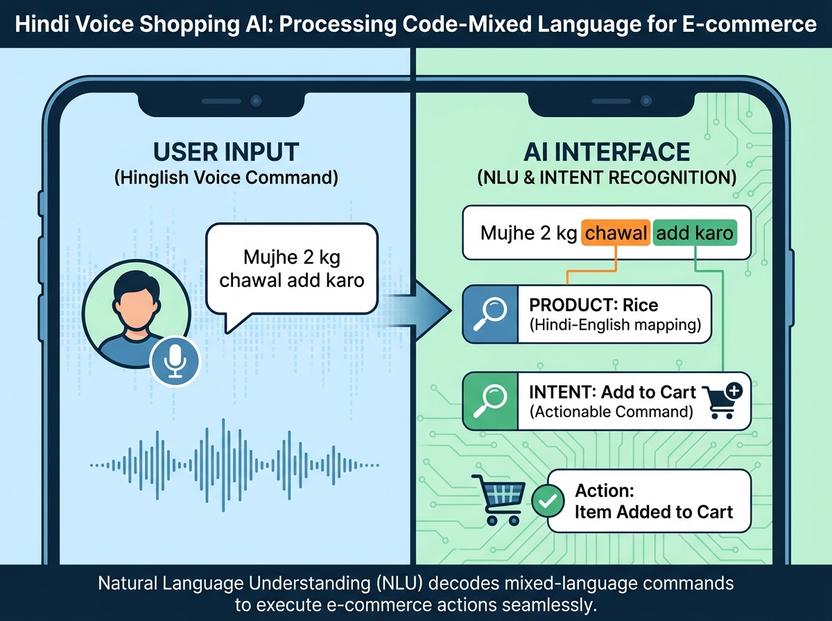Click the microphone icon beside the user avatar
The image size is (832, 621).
175,360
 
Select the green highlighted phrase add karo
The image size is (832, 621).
694,234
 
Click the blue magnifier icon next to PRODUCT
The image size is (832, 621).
489,314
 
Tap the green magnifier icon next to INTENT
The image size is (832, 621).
489,401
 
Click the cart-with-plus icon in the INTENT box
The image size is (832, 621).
722,401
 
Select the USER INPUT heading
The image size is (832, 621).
226,152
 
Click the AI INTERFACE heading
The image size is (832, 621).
606,152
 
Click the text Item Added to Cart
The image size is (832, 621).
654,512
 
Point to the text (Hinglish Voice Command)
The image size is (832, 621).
226,177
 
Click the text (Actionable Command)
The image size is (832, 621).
611,411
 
